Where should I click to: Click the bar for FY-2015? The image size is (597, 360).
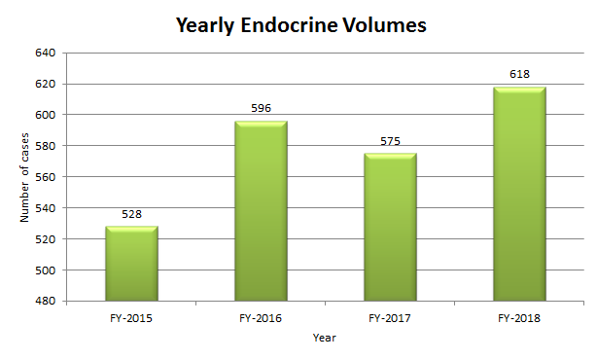131,264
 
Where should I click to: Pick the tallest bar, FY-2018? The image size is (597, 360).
519,195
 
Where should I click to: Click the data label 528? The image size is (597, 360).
131,214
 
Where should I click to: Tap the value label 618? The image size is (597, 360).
519,74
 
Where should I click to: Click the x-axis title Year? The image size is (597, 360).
325,337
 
